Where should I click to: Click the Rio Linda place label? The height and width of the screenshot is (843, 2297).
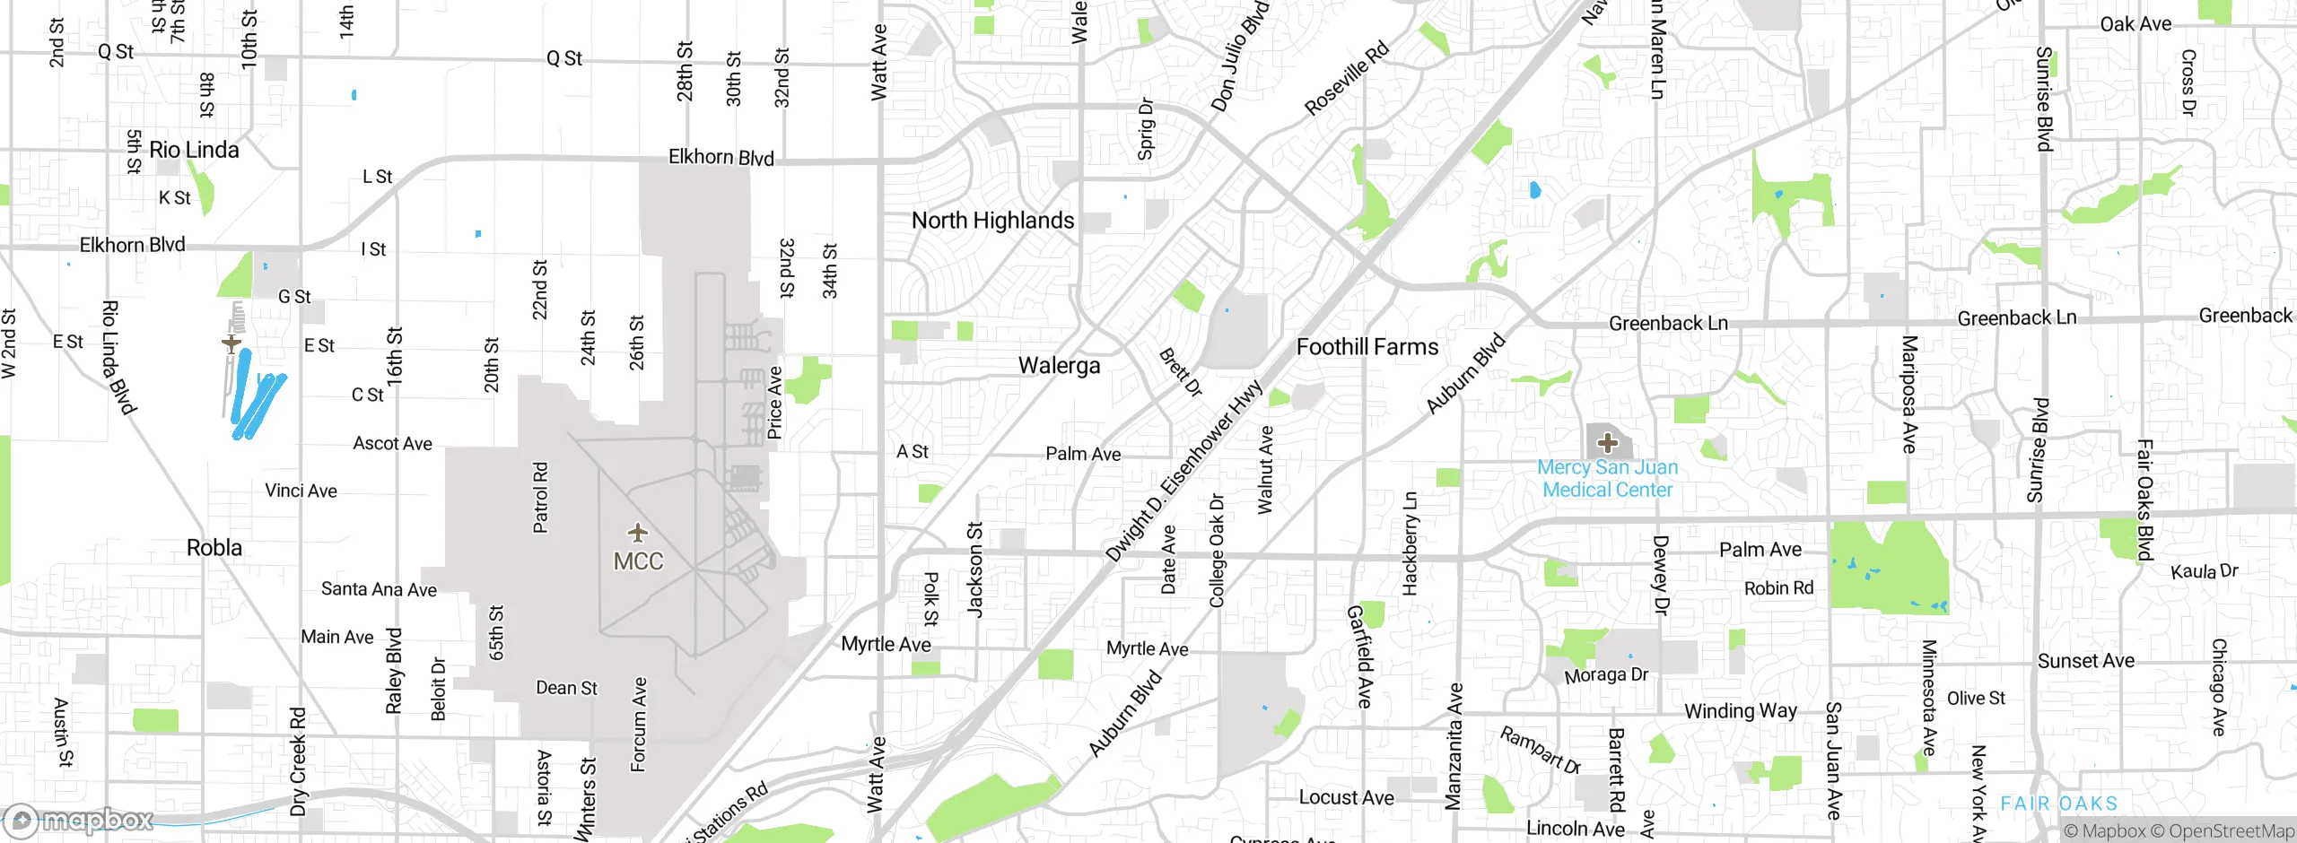click(x=194, y=150)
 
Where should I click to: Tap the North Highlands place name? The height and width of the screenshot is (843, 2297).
click(x=992, y=221)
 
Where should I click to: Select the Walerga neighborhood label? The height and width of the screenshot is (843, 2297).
click(x=1059, y=366)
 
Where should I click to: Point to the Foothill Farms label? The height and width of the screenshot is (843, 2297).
click(x=1367, y=347)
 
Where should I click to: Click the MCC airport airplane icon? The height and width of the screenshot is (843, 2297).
click(x=638, y=534)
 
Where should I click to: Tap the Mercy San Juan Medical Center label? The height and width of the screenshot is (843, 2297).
click(x=1607, y=479)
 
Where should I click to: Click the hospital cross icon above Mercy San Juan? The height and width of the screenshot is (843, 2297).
click(x=1607, y=443)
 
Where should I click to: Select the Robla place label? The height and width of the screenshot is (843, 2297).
click(x=214, y=548)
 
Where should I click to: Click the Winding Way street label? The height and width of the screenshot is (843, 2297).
click(x=1740, y=711)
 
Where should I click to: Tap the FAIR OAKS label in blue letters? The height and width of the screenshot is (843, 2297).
click(x=2058, y=804)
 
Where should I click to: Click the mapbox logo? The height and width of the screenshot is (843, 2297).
click(x=79, y=820)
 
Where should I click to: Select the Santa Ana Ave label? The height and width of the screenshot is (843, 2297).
click(x=379, y=589)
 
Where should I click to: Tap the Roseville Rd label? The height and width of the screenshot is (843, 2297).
click(x=1346, y=78)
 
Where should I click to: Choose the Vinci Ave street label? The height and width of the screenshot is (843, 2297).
click(x=301, y=491)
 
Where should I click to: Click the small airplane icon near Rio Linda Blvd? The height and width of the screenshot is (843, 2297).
click(x=231, y=343)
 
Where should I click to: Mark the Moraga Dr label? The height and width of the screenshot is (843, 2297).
click(x=1606, y=674)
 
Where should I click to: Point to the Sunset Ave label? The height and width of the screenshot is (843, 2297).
click(x=2085, y=661)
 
